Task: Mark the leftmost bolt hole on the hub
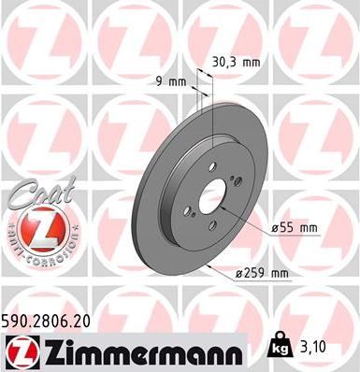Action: pyautogui.click(x=187, y=211)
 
